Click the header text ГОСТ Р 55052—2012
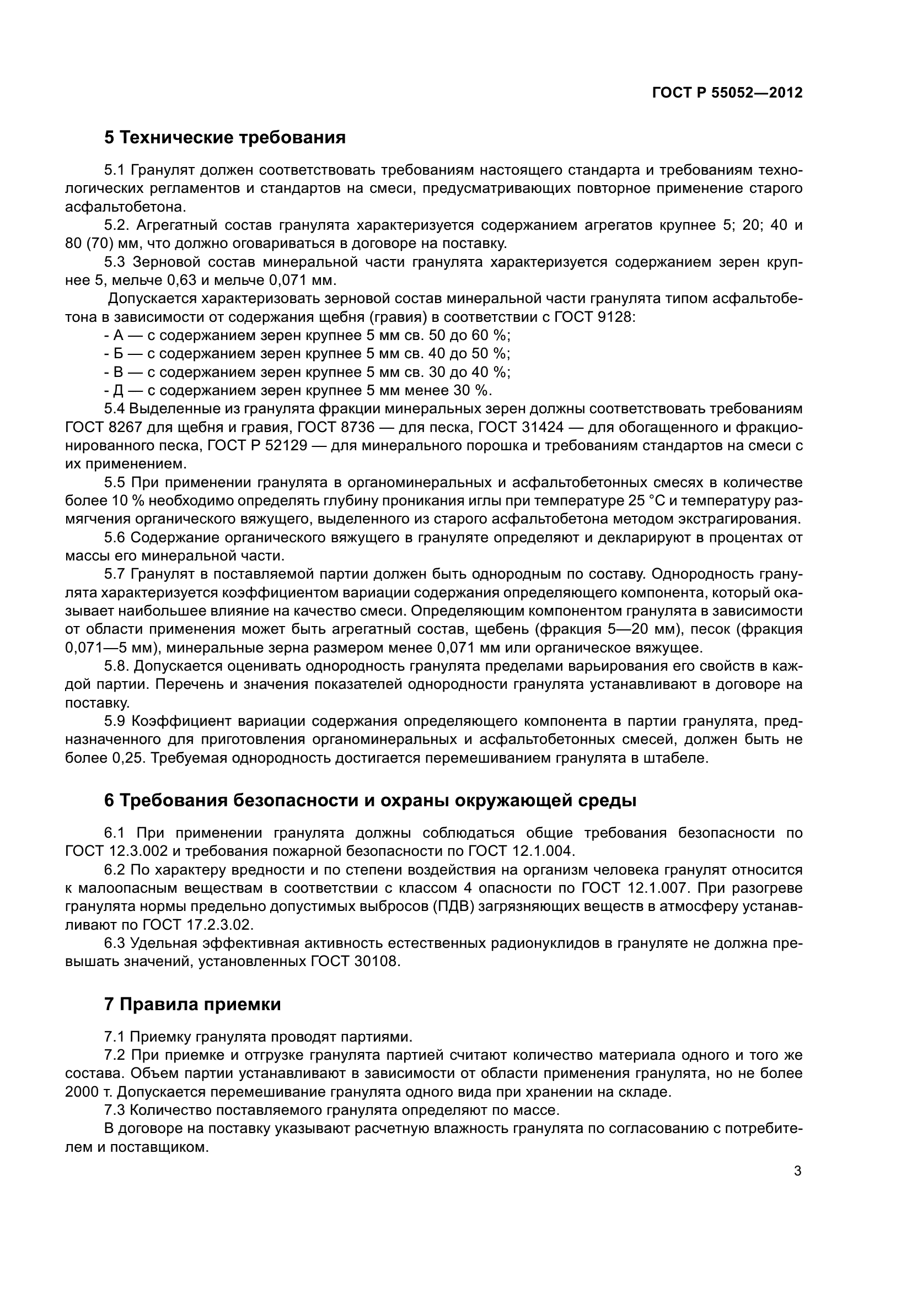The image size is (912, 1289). tap(727, 93)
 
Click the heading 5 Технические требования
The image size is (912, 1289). tap(224, 138)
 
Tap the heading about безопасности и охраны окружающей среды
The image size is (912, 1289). tap(370, 801)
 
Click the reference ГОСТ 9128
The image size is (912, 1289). tap(595, 317)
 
